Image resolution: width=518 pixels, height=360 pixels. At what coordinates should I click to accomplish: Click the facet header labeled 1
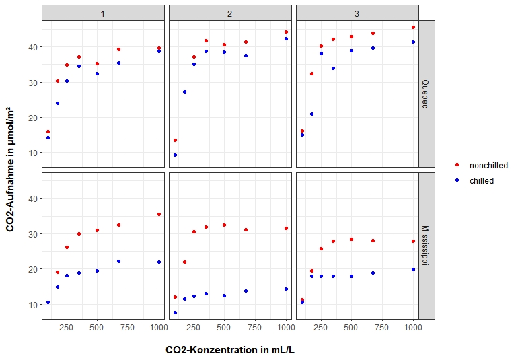coord(103,13)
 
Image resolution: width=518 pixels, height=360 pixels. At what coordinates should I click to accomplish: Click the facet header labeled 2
coord(230,13)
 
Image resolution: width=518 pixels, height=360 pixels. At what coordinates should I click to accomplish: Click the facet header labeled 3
coord(357,13)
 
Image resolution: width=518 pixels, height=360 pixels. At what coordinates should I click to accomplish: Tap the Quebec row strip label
coord(427,94)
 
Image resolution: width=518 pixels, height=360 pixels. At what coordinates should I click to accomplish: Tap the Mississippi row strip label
coord(427,246)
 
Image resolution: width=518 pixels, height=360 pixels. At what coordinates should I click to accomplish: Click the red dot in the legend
coord(457,165)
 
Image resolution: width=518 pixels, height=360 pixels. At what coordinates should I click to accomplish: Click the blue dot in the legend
coord(457,180)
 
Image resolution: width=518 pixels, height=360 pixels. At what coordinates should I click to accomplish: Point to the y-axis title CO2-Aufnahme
coord(11,170)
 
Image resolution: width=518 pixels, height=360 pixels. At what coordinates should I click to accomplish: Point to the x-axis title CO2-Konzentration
coord(230,350)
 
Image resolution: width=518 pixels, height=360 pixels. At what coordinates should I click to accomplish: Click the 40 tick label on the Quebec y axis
coord(32,47)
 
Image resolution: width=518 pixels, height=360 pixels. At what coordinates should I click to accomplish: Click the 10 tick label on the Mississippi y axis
coord(32,304)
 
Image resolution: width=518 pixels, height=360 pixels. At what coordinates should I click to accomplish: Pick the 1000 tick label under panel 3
coord(412,328)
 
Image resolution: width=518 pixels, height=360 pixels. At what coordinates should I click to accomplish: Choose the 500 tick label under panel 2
coord(224,328)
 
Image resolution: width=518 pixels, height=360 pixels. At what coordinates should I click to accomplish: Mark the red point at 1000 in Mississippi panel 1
coord(159,214)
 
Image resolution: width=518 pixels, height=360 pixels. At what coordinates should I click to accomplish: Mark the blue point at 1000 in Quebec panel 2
coord(286,38)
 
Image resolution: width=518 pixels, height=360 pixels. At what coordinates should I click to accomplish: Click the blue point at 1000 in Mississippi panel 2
coord(286,289)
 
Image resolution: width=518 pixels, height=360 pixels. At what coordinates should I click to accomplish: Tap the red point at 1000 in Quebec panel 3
coord(413,27)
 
